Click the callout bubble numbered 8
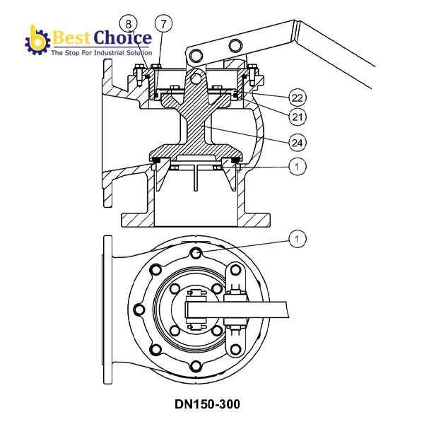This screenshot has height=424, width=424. [128, 24]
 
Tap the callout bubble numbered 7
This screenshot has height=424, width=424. [163, 24]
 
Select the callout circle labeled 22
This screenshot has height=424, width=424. [298, 98]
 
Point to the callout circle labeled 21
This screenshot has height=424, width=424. [298, 117]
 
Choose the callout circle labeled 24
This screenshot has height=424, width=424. [298, 143]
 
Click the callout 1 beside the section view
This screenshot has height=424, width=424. [298, 167]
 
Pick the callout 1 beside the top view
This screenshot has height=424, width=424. [298, 239]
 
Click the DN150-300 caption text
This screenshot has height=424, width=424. [207, 404]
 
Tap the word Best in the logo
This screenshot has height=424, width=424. [71, 37]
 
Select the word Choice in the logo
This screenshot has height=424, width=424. [122, 37]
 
